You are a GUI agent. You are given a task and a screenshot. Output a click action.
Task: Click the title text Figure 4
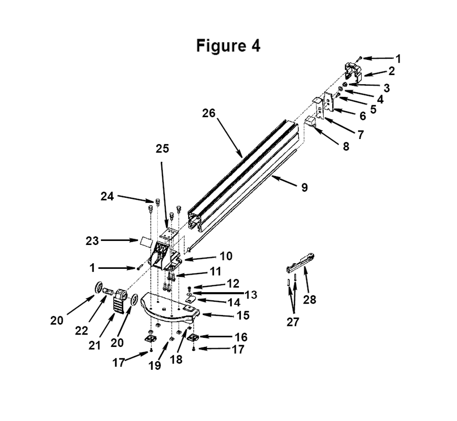point(228,46)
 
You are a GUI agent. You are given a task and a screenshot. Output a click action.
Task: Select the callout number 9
point(304,187)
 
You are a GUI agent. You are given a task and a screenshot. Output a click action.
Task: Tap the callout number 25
point(162,149)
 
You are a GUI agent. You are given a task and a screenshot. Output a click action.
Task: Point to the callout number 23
point(92,240)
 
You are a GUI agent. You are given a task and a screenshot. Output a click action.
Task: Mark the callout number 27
point(292,322)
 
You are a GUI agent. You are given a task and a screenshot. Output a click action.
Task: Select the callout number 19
point(155,366)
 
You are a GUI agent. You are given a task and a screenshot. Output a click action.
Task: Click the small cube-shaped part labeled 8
point(310,122)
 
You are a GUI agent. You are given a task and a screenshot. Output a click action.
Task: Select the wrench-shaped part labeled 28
point(299,264)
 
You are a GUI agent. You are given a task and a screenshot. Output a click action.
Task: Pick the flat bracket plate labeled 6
point(328,102)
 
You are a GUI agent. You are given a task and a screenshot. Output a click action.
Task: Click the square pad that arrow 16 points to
point(193,338)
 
